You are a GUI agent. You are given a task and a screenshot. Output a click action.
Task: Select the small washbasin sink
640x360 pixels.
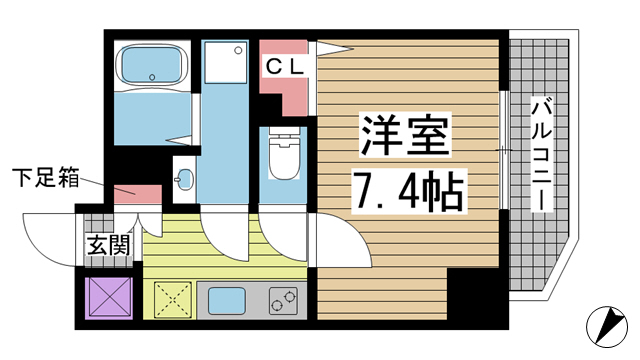click(185, 181)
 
